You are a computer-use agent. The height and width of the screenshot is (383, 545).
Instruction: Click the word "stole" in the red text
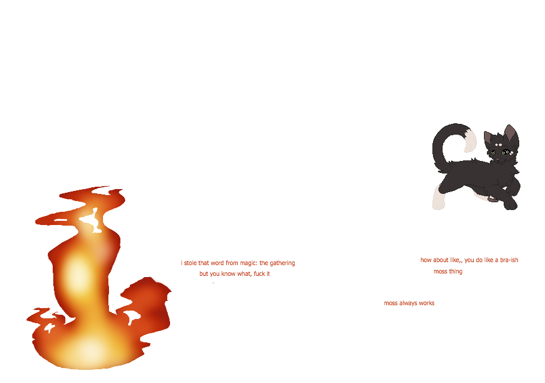pyautogui.click(x=190, y=263)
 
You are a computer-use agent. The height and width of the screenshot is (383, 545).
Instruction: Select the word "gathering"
pyautogui.click(x=281, y=263)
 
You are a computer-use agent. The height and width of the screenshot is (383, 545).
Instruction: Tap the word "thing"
pyautogui.click(x=455, y=271)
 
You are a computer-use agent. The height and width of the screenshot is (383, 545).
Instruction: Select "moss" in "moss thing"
pyautogui.click(x=440, y=271)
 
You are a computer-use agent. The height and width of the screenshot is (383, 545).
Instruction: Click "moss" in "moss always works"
pyautogui.click(x=390, y=303)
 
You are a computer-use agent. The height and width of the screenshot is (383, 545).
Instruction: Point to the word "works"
pyautogui.click(x=426, y=303)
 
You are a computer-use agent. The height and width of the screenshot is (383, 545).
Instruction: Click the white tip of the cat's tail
pyautogui.click(x=470, y=141)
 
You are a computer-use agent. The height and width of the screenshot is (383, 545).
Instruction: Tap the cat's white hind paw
pyautogui.click(x=439, y=199)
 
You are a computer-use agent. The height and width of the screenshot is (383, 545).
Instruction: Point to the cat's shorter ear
pyautogui.click(x=488, y=138)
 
